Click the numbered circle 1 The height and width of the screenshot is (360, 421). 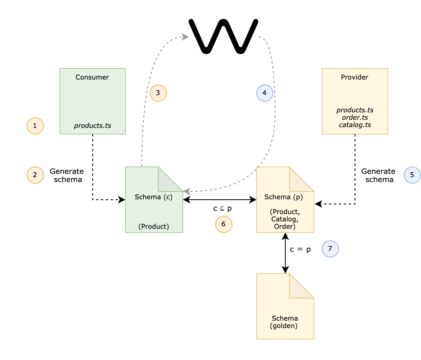tap(35, 126)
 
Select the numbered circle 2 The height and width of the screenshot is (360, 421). tap(35, 175)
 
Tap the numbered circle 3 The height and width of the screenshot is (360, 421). tap(158, 93)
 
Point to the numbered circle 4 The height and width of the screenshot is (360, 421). tap(265, 93)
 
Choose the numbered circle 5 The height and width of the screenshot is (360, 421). tap(412, 175)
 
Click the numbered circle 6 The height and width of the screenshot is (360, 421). tap(224, 224)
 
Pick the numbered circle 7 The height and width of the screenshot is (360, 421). tap(330, 249)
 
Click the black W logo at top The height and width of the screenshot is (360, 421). tap(223, 36)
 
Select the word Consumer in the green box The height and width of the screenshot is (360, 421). tap(92, 77)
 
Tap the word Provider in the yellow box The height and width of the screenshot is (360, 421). tap(355, 77)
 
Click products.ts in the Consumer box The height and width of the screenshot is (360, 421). tap(92, 125)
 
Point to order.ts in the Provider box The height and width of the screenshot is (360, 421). tap(355, 117)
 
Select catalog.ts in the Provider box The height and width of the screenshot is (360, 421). tap(355, 124)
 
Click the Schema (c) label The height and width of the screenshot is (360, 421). tap(154, 197)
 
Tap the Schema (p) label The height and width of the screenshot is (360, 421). tap(284, 197)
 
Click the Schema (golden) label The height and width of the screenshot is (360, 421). tap(284, 322)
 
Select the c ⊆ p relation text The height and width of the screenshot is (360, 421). tap(222, 208)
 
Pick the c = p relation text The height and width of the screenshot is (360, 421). tap(300, 249)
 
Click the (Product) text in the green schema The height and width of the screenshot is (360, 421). tap(154, 226)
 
